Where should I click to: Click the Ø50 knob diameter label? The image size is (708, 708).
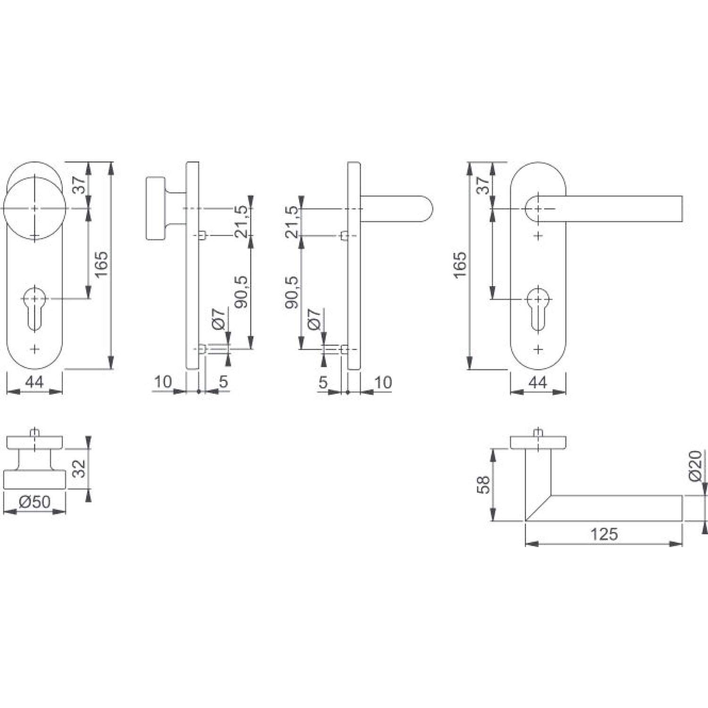click(34, 502)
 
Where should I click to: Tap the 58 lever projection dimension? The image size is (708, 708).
click(483, 484)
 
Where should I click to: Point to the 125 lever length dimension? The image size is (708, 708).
click(604, 534)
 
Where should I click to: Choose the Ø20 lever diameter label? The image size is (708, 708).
click(696, 466)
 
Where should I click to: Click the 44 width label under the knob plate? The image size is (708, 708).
click(34, 382)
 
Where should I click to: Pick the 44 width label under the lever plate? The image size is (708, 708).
click(538, 382)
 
